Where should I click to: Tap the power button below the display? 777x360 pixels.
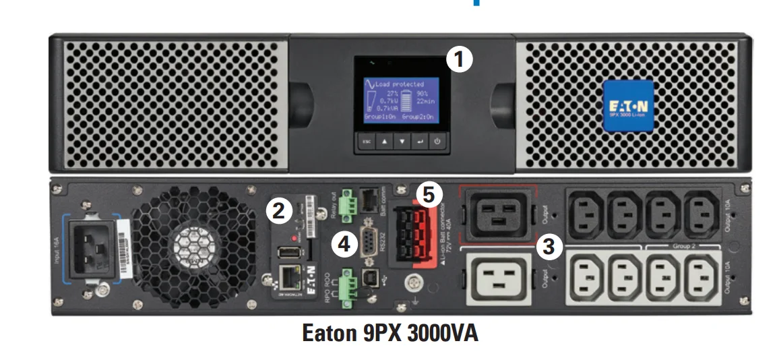pyautogui.click(x=437, y=142)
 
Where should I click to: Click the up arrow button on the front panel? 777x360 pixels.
pyautogui.click(x=383, y=142)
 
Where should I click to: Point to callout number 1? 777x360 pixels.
pyautogui.click(x=460, y=59)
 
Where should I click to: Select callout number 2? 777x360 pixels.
pyautogui.click(x=279, y=211)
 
